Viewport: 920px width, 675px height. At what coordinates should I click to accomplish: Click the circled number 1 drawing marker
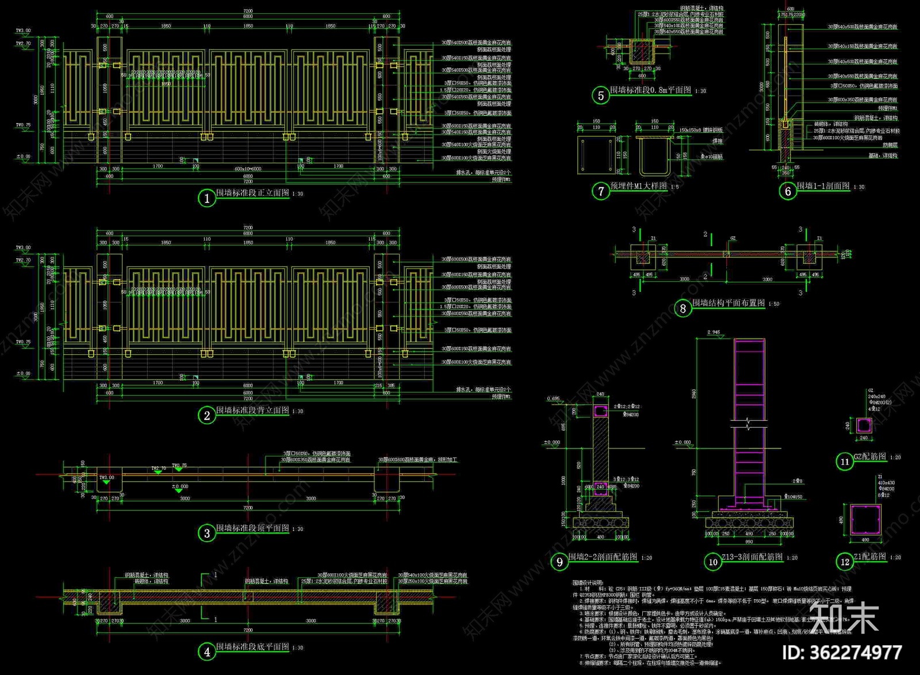(207, 198)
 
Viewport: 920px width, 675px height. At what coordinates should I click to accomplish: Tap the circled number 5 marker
(601, 95)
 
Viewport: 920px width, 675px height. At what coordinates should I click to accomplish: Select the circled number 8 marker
(683, 309)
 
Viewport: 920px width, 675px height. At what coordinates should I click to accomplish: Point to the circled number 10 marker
(713, 562)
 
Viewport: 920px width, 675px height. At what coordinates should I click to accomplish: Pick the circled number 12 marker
(845, 562)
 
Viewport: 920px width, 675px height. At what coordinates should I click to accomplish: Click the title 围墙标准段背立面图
(252, 410)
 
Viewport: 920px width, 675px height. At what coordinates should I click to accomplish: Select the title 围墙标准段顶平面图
(252, 528)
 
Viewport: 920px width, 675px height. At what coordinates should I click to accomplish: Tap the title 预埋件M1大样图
(638, 186)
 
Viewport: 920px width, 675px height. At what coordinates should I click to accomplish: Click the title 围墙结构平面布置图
(729, 303)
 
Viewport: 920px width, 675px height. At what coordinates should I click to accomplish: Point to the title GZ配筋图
(870, 457)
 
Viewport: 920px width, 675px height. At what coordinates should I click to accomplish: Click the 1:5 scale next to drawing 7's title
(674, 187)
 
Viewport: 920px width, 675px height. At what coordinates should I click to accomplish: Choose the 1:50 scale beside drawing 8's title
(774, 304)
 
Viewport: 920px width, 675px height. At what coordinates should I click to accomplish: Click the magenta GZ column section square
(864, 425)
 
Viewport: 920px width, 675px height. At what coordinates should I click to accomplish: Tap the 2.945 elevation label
(713, 332)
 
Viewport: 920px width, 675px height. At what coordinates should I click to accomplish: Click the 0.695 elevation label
(553, 398)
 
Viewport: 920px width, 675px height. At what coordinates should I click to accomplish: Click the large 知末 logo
(844, 618)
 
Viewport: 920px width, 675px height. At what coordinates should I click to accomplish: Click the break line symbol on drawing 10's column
(749, 425)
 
